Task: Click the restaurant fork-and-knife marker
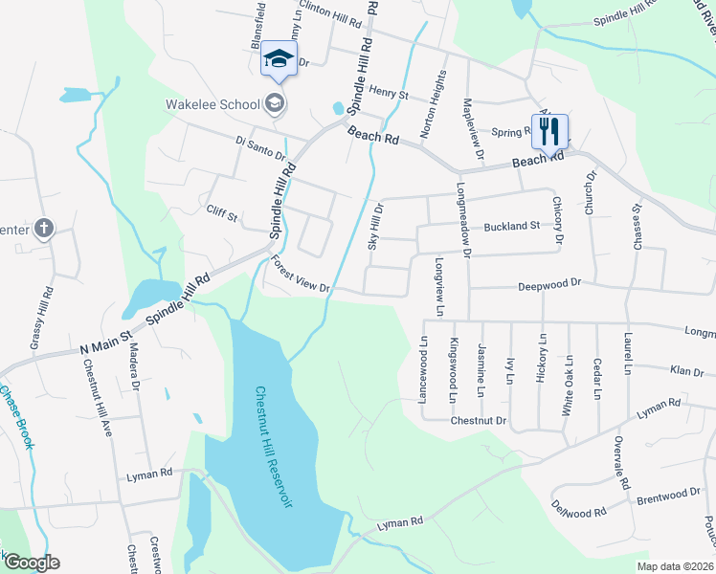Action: [549, 131]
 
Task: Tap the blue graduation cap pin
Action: [279, 59]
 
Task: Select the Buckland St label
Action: [512, 226]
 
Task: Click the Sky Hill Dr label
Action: [377, 226]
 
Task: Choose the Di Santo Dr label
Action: [260, 151]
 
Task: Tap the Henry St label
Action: [390, 95]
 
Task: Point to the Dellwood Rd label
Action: [578, 513]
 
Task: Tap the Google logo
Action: [32, 563]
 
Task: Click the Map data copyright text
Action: [673, 566]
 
